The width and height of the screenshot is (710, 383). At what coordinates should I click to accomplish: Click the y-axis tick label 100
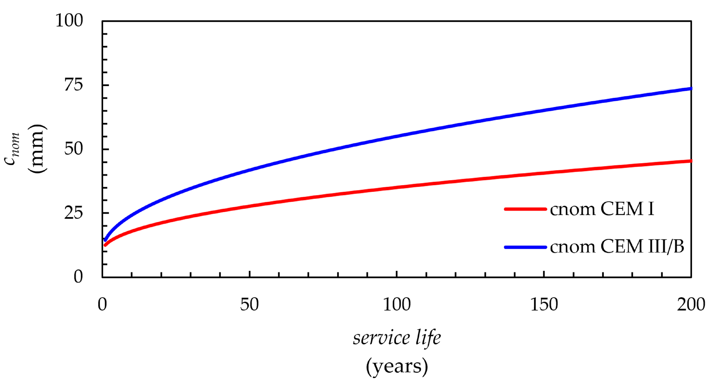[69, 20]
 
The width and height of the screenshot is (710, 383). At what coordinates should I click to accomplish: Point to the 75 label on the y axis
[73, 85]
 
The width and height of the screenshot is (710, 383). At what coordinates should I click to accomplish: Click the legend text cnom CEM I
[602, 209]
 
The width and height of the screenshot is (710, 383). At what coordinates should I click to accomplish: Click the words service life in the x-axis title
[397, 338]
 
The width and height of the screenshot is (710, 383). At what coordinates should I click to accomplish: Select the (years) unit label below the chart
[397, 366]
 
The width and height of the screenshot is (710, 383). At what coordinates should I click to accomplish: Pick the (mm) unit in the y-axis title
[37, 149]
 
